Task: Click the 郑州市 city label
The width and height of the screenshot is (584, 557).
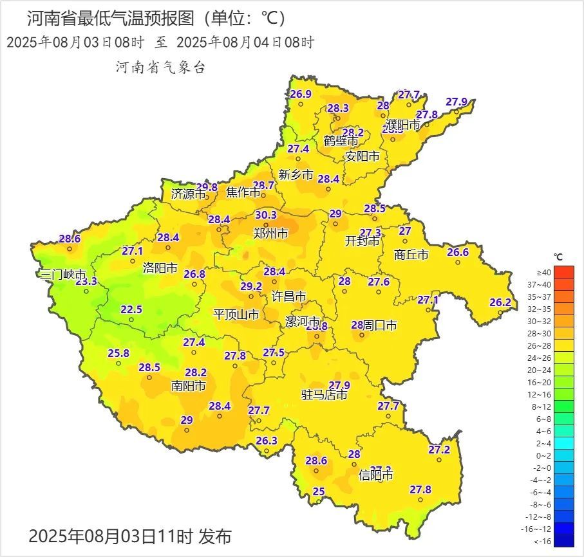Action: click(270, 233)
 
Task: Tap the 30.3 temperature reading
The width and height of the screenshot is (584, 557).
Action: click(265, 215)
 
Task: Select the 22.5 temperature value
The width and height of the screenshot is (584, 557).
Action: click(131, 309)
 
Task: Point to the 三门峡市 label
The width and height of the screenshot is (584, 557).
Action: click(62, 275)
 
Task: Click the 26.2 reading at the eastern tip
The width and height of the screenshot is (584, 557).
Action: click(500, 302)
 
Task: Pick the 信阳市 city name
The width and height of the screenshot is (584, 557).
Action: click(376, 476)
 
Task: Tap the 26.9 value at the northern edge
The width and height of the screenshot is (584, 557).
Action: click(300, 94)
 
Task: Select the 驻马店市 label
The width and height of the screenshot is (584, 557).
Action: click(325, 395)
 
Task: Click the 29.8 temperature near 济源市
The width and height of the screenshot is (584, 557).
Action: click(207, 187)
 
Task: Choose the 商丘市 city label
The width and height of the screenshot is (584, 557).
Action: click(411, 255)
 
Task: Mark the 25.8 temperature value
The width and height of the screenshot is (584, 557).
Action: click(118, 353)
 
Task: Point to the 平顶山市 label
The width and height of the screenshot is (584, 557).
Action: click(236, 315)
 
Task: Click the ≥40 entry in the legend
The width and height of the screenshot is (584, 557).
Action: click(543, 272)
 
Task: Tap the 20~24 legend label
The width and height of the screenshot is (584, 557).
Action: click(543, 370)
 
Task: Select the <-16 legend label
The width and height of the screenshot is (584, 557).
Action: click(543, 541)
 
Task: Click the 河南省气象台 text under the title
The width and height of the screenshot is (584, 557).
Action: click(160, 67)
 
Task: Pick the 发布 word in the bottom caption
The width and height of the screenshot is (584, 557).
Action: click(214, 536)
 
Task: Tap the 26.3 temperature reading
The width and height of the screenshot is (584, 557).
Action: click(266, 441)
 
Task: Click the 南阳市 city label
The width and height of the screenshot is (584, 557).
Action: click(189, 386)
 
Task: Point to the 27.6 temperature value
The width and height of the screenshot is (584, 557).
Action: click(379, 282)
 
